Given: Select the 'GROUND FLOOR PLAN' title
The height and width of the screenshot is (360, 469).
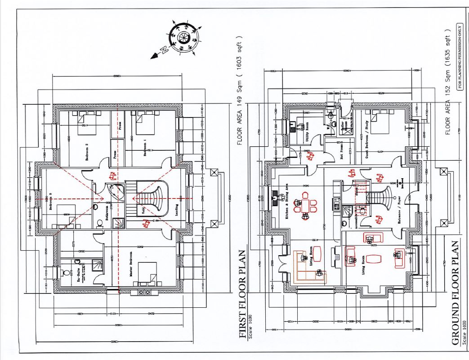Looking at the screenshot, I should coord(455,292).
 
